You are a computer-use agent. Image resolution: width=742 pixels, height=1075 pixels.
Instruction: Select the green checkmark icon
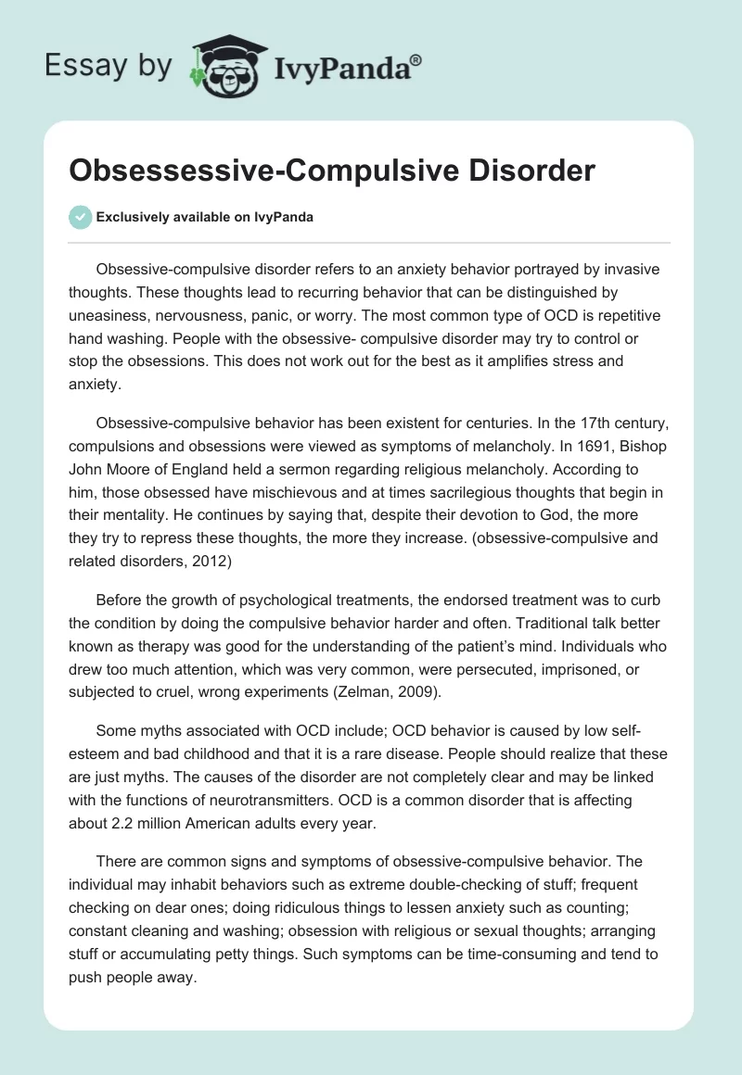coord(80,217)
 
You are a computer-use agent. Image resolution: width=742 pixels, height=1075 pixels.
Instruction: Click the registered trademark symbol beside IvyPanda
coord(416,59)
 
